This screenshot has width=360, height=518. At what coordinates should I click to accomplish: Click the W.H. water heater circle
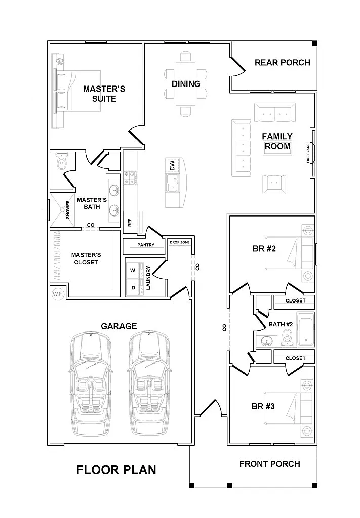tap(58, 294)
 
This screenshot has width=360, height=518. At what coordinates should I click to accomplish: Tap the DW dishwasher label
tap(172, 166)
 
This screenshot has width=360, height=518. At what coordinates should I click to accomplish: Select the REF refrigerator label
tap(130, 223)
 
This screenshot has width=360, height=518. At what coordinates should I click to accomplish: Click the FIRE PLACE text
tap(308, 153)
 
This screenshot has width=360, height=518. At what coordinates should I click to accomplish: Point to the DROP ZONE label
tap(180, 242)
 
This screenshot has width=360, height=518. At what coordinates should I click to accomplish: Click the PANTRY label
tap(146, 245)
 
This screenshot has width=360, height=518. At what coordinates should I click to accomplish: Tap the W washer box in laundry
tap(133, 270)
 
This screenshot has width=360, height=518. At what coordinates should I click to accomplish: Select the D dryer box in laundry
tap(133, 287)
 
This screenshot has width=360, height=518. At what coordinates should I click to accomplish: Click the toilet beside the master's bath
tap(61, 161)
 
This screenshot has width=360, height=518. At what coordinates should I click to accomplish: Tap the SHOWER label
tap(68, 209)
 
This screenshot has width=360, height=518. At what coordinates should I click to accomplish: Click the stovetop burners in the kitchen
tap(130, 178)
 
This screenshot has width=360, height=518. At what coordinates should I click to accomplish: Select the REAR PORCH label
tap(283, 62)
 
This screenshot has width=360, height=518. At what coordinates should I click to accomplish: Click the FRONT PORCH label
tap(270, 464)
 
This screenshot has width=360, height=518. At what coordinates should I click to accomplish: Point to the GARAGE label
tap(118, 326)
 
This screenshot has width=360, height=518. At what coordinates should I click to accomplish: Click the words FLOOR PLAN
tap(116, 470)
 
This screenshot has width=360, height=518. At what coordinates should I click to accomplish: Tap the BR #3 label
tap(263, 406)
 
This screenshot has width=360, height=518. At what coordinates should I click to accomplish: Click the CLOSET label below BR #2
tap(296, 300)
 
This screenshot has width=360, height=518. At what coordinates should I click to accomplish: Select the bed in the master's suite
tap(76, 90)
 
